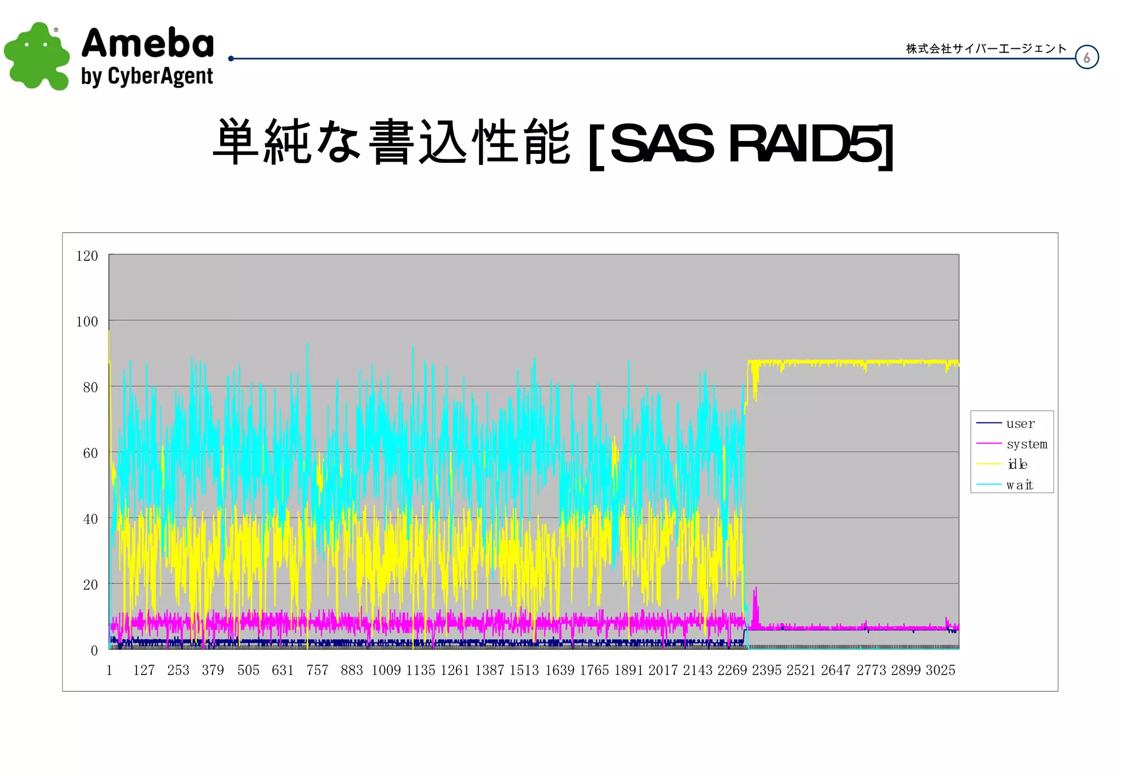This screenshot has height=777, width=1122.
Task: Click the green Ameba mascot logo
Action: [x=36, y=56]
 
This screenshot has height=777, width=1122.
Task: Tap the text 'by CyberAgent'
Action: [x=147, y=77]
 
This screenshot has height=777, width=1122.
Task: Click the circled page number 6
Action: [x=1086, y=58]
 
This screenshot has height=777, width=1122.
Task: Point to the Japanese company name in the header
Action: [x=986, y=49]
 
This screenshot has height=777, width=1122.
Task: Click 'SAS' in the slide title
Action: [x=662, y=144]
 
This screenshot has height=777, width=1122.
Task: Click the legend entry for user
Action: [x=1020, y=424]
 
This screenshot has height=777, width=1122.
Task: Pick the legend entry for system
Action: [x=1026, y=444]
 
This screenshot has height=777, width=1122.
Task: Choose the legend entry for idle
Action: [x=1017, y=464]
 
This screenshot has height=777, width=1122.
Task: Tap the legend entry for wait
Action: [x=1019, y=485]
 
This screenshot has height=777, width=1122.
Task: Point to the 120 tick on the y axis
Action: [x=87, y=256]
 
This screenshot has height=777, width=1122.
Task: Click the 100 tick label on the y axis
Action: [x=87, y=322]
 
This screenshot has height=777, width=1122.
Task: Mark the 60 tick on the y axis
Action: [x=90, y=453]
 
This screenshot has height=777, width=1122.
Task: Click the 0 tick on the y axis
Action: [x=94, y=650]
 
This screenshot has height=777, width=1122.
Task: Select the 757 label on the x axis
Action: [x=317, y=670]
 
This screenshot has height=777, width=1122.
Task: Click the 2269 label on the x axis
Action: [x=732, y=670]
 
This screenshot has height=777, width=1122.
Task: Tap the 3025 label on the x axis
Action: [x=940, y=670]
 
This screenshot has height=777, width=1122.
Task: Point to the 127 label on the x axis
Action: [x=144, y=670]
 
